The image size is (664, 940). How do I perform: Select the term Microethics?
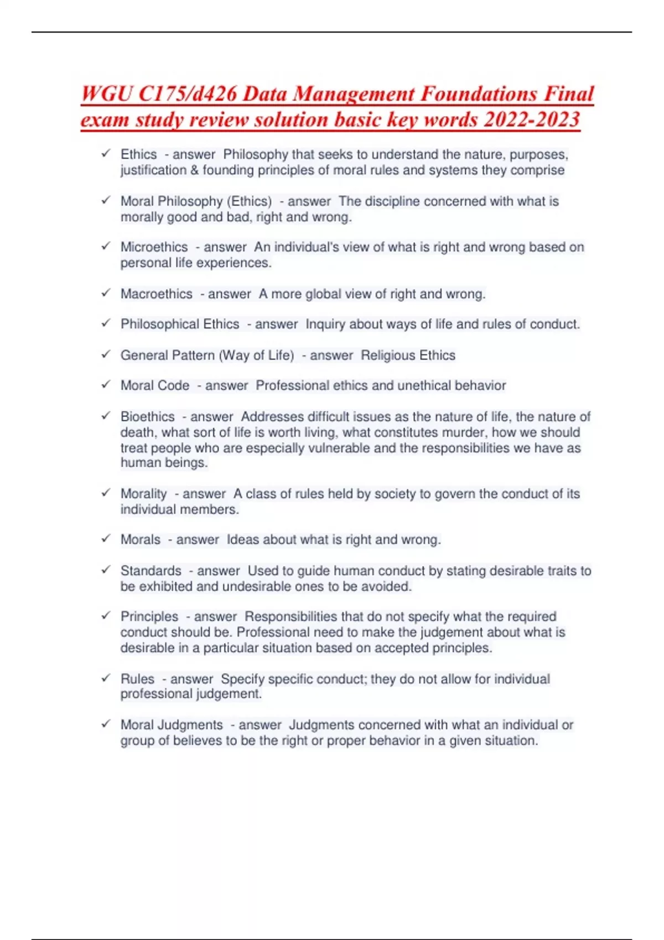coord(154,247)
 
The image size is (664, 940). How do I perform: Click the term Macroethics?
coord(157,294)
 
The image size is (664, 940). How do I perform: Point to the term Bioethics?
coord(147,416)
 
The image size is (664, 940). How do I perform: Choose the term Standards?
coord(151,571)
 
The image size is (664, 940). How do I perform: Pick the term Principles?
coord(149,617)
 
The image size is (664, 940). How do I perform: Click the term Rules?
coord(137,679)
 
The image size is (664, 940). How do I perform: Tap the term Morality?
coord(143,494)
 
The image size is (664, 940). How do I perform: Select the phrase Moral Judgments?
coord(172,725)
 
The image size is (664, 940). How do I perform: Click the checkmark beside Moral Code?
coord(106,384)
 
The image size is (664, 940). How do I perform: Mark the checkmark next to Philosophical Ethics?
coord(106,323)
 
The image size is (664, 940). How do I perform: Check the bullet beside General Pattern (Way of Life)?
coord(106,354)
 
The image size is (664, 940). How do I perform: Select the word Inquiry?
coord(325,325)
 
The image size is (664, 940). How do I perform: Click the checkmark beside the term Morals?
coord(106,539)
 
